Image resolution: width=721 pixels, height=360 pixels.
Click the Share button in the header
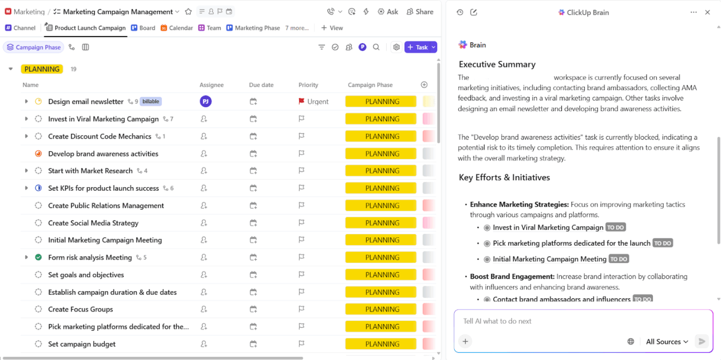tap(420, 11)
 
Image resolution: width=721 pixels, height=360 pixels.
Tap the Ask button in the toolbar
tap(388, 11)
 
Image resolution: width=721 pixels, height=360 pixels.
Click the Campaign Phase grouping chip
tap(33, 47)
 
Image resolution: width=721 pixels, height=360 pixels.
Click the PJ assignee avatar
tap(205, 101)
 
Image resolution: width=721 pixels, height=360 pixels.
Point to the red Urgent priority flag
tap(302, 101)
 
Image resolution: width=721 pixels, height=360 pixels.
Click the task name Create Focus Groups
tap(80, 309)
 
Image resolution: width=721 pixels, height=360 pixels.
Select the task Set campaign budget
tap(82, 344)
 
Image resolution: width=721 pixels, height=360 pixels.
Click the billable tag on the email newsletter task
tap(150, 101)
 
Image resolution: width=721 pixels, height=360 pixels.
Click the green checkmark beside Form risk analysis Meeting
tap(38, 258)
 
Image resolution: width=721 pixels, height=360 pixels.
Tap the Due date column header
tap(261, 85)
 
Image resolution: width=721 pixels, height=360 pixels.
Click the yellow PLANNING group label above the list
tap(42, 69)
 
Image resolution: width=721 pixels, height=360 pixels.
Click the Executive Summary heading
tap(497, 64)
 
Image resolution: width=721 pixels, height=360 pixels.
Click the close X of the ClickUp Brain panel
tap(708, 12)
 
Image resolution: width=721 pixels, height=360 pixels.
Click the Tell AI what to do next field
tap(566, 321)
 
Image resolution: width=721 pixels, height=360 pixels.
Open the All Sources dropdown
tap(667, 341)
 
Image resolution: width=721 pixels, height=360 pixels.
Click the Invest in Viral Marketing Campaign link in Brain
tap(548, 228)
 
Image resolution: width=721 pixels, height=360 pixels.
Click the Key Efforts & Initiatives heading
tap(504, 177)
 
